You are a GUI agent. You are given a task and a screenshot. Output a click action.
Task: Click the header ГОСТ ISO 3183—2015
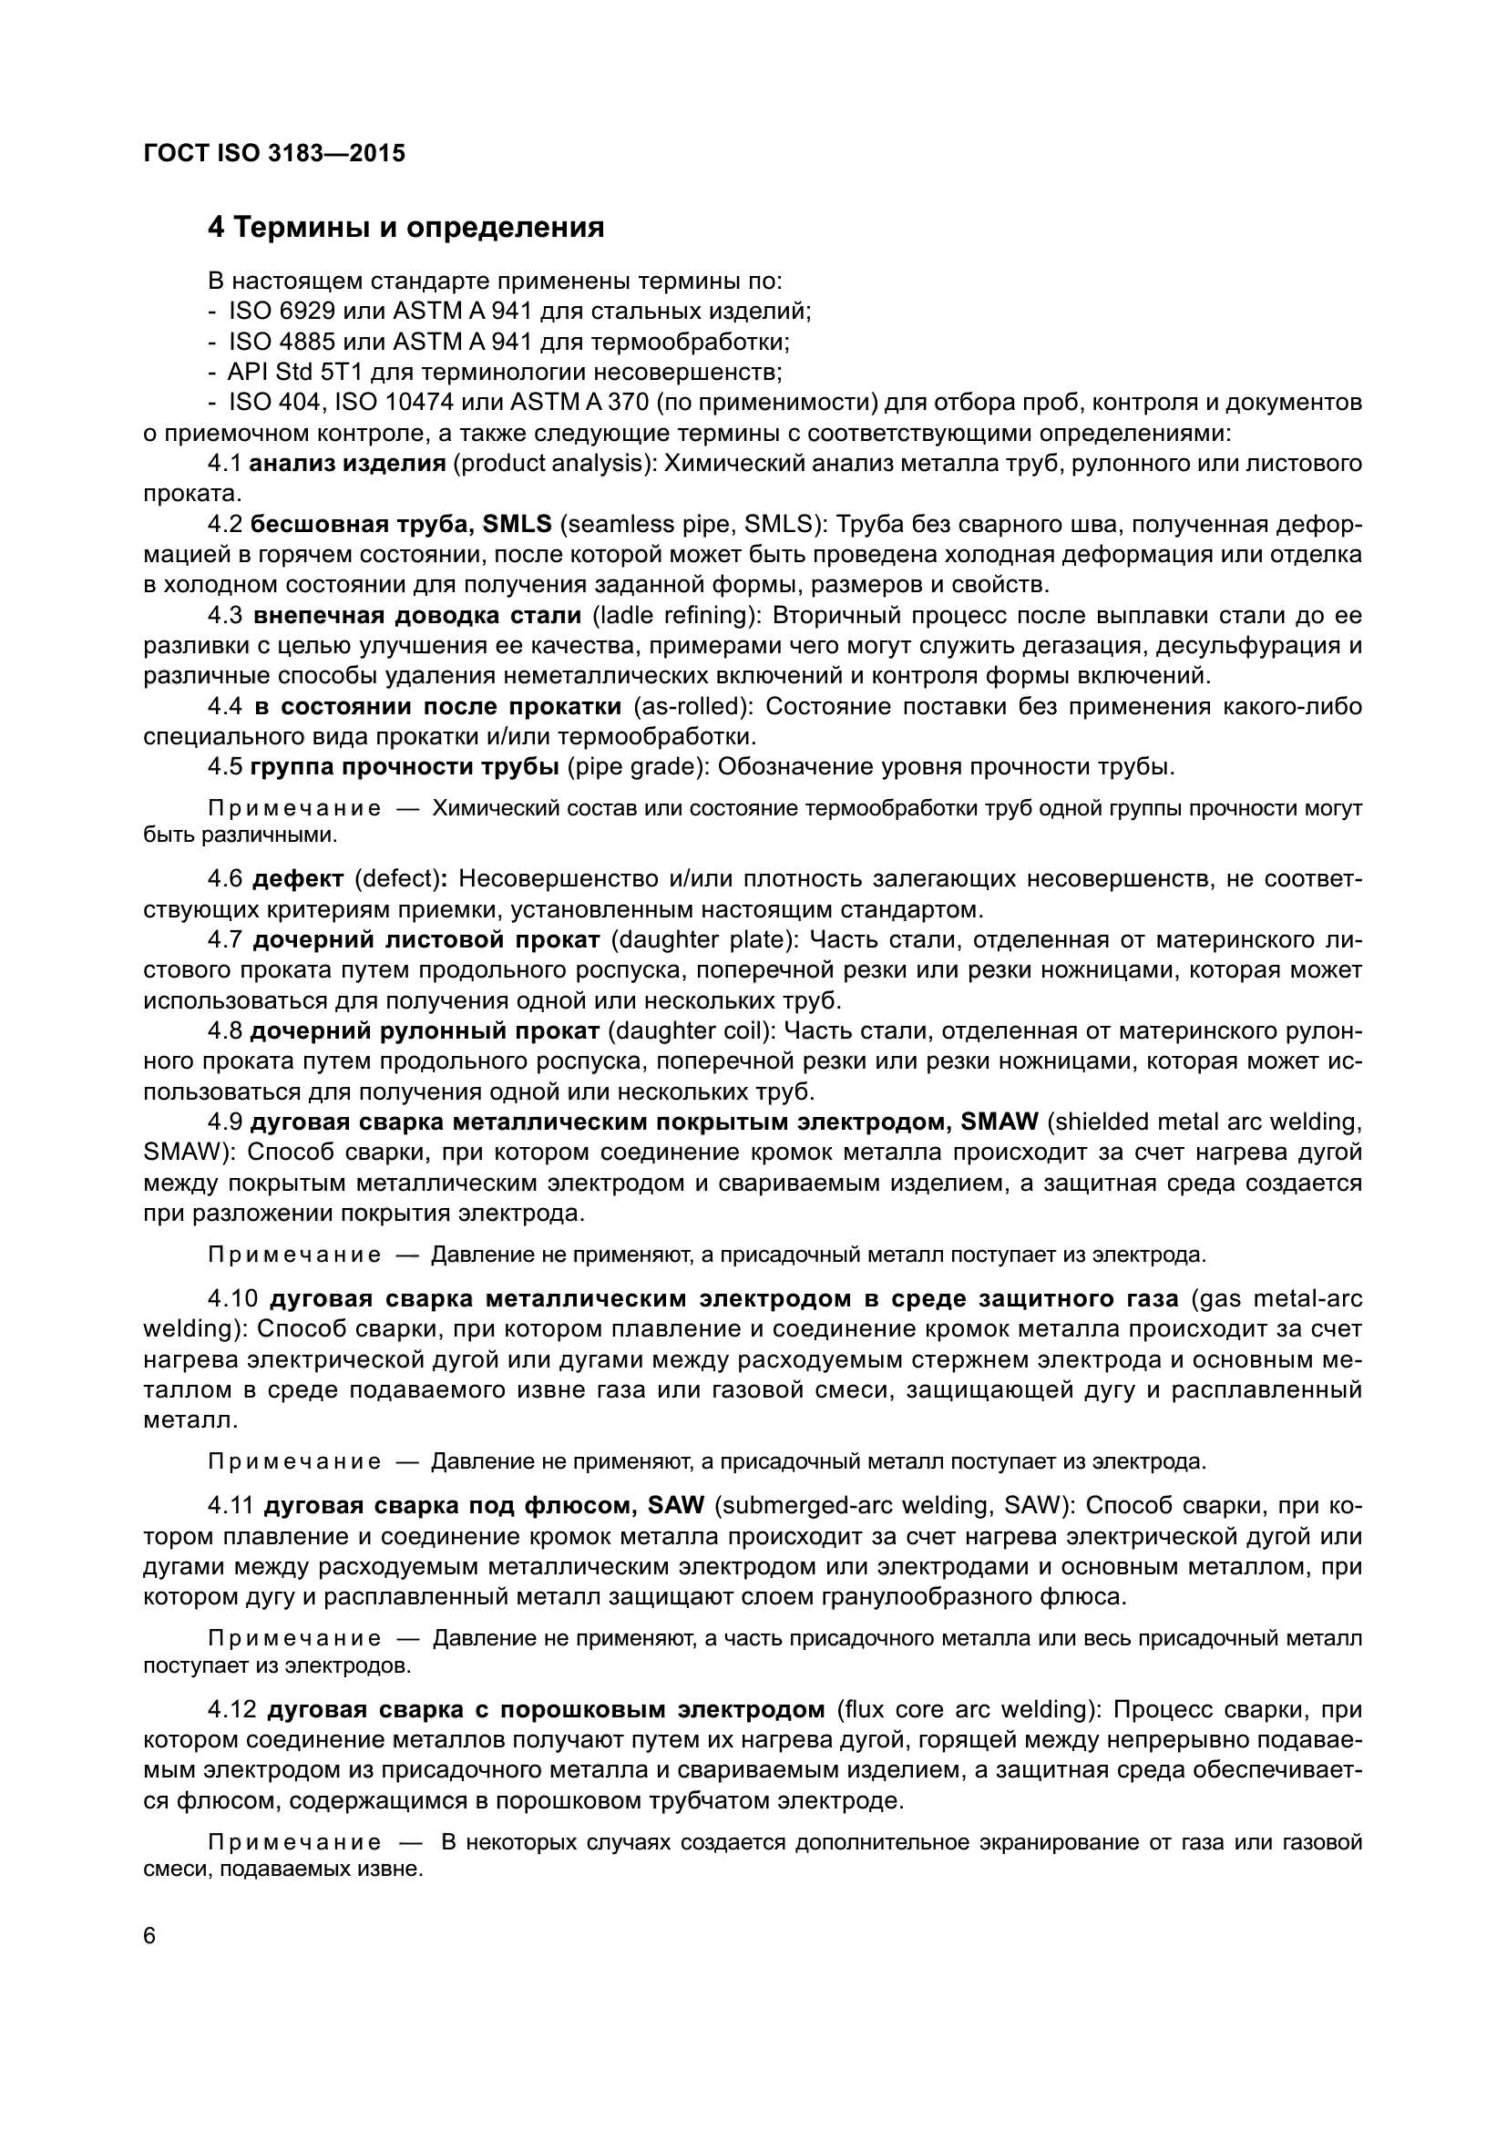(x=274, y=154)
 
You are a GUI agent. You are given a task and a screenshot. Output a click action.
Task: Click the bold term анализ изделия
(x=349, y=464)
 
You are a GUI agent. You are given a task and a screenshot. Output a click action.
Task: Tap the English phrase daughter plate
(x=704, y=940)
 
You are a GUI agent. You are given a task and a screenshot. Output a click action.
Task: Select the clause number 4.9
(x=225, y=1122)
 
